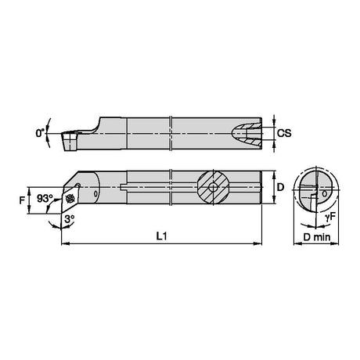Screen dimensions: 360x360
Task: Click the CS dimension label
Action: [284, 133]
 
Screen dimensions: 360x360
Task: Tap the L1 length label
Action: [161, 236]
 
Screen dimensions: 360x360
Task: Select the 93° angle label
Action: [45, 199]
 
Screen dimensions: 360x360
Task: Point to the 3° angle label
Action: [70, 218]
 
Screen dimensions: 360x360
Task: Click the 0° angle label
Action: [40, 133]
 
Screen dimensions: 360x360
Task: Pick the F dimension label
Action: [23, 200]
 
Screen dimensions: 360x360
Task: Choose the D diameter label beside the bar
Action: [280, 187]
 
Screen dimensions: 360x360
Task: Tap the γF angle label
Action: [329, 218]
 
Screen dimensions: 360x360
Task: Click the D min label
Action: [317, 237]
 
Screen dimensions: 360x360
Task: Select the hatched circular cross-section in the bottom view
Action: [214, 187]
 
